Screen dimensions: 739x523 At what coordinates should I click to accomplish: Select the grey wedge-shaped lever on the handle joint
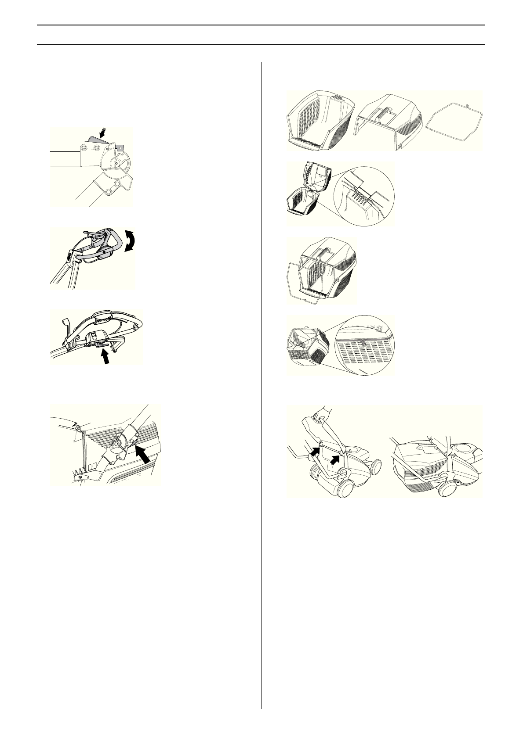(x=94, y=138)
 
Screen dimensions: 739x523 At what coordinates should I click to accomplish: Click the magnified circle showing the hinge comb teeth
(x=364, y=194)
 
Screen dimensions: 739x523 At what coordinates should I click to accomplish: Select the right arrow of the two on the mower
(x=336, y=460)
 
